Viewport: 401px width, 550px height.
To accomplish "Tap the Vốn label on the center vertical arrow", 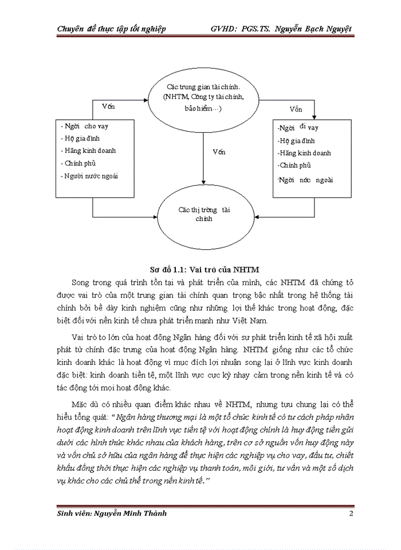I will tap(218, 152).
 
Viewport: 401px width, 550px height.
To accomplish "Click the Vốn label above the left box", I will tap(108, 107).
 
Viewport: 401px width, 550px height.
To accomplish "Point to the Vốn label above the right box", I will tap(296, 109).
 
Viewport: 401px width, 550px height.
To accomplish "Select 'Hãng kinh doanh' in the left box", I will tap(89, 151).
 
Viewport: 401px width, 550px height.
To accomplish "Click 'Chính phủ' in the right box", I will tap(294, 166).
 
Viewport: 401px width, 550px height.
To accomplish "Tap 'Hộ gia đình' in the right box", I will tap(296, 140).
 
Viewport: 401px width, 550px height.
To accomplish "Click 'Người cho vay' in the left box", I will tap(87, 125).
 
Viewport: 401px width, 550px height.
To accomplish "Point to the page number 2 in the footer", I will tap(351, 513).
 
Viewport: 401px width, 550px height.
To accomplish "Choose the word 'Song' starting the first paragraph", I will tap(84, 282).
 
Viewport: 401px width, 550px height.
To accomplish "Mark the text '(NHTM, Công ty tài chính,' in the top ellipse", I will tap(203, 97).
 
